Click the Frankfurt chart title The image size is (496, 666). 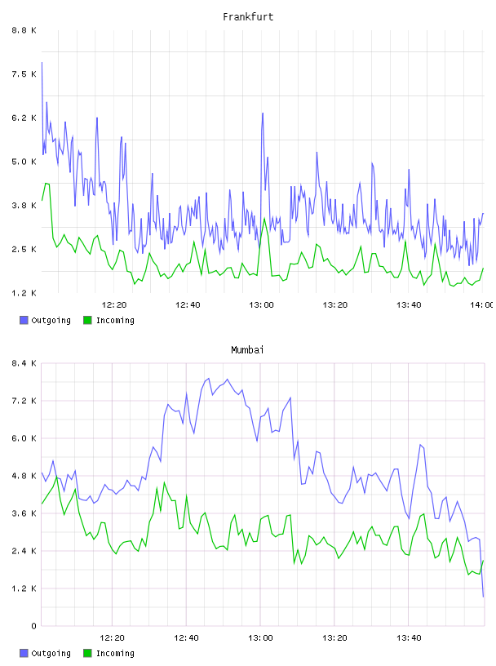click(248, 17)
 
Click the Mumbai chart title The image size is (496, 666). click(247, 350)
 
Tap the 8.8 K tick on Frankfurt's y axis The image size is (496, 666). click(24, 30)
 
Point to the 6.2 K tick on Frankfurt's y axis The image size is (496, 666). click(24, 118)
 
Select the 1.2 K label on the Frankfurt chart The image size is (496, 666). click(24, 293)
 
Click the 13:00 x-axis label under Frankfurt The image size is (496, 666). click(261, 304)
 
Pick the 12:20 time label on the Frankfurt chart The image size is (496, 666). click(114, 304)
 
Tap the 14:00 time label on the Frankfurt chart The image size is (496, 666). click(482, 304)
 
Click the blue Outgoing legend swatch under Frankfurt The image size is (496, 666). click(24, 320)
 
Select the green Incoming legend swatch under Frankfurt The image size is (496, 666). click(87, 320)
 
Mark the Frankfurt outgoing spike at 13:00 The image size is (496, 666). click(263, 113)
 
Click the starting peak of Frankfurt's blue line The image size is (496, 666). click(42, 62)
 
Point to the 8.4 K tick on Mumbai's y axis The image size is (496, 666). click(24, 363)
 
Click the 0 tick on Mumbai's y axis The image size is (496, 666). click(33, 626)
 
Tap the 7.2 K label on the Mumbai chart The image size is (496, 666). click(24, 401)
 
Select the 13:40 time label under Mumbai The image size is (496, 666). click(409, 637)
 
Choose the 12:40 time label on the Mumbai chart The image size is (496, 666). click(186, 637)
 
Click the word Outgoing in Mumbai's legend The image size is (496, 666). click(51, 653)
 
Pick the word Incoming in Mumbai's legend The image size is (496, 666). click(115, 653)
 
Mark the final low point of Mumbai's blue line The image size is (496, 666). click(483, 597)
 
